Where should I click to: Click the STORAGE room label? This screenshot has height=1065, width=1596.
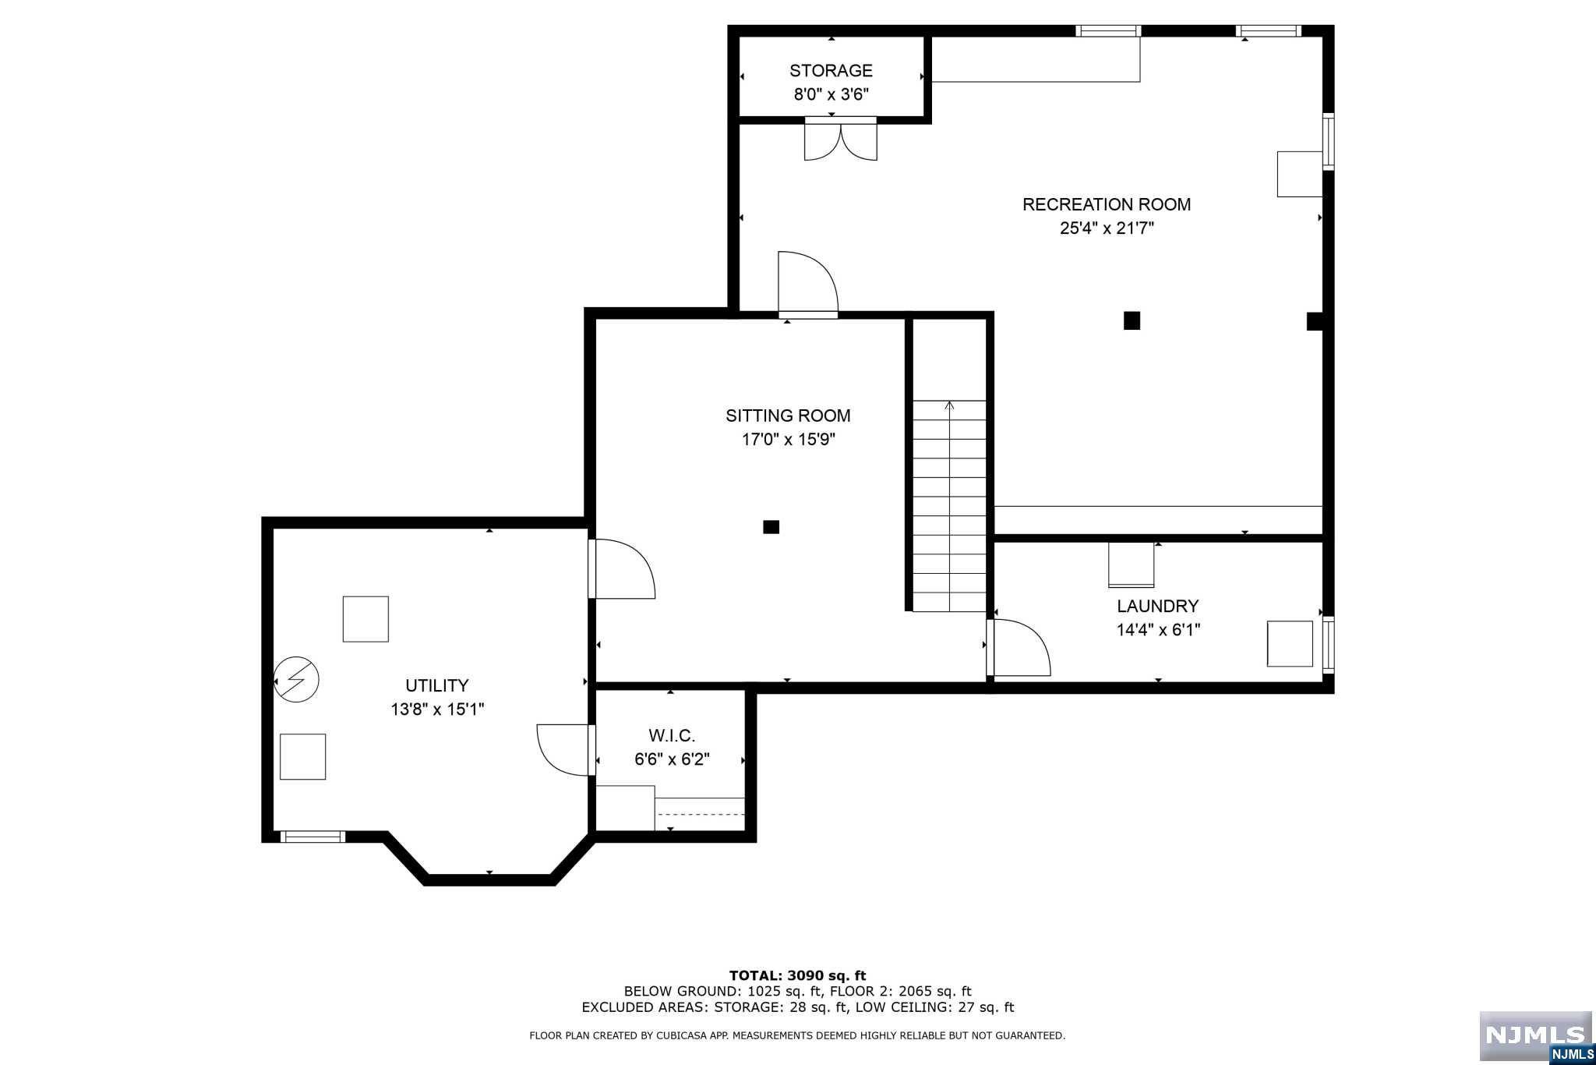pyautogui.click(x=831, y=71)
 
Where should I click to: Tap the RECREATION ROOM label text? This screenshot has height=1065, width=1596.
pyautogui.click(x=1107, y=204)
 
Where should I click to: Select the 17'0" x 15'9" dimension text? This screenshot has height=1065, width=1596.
pyautogui.click(x=788, y=440)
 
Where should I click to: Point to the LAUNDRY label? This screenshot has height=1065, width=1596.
pyautogui.click(x=1157, y=606)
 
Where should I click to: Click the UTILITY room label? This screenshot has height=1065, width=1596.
pyautogui.click(x=436, y=685)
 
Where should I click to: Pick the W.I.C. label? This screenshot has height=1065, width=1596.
pyautogui.click(x=672, y=735)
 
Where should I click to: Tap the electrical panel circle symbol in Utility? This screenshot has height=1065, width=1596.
pyautogui.click(x=296, y=679)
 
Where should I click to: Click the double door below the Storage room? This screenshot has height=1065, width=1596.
pyautogui.click(x=841, y=140)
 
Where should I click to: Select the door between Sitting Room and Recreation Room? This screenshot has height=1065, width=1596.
pyautogui.click(x=808, y=285)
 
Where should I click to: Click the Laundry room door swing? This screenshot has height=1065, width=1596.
pyautogui.click(x=1019, y=647)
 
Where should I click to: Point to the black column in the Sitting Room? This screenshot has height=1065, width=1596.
pyautogui.click(x=771, y=527)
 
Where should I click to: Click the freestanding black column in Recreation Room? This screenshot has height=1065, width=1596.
pyautogui.click(x=1132, y=320)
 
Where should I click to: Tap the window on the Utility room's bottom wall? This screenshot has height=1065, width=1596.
pyautogui.click(x=312, y=837)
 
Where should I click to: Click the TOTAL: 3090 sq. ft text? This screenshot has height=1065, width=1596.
pyautogui.click(x=797, y=975)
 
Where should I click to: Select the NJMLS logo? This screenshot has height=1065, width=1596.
pyautogui.click(x=1534, y=1038)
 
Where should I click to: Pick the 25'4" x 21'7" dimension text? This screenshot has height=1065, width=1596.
pyautogui.click(x=1107, y=228)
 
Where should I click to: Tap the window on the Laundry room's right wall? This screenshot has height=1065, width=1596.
pyautogui.click(x=1329, y=645)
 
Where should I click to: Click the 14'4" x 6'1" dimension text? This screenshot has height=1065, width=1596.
pyautogui.click(x=1158, y=630)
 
